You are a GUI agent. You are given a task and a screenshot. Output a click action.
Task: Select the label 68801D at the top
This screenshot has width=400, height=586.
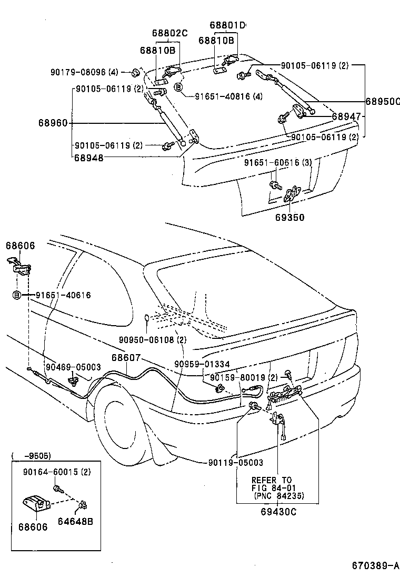pyautogui.click(x=227, y=25)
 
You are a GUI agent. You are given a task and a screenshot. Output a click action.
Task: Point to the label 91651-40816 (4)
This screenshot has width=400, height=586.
pyautogui.click(x=228, y=96)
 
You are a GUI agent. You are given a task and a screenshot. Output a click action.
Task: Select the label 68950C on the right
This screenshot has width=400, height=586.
pyautogui.click(x=383, y=101)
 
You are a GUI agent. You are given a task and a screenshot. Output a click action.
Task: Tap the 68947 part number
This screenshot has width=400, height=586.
pyautogui.click(x=345, y=116)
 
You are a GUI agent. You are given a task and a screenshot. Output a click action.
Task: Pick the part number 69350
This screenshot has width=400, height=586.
pyautogui.click(x=289, y=217)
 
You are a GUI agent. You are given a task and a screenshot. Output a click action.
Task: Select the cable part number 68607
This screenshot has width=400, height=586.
pyautogui.click(x=125, y=357)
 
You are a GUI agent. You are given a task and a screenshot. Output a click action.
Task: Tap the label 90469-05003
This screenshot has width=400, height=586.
pyautogui.click(x=73, y=367)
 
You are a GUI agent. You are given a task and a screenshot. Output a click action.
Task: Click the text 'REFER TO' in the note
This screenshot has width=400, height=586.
pyautogui.click(x=271, y=480)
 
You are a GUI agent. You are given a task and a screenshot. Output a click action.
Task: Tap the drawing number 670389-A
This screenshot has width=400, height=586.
pyautogui.click(x=375, y=566)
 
